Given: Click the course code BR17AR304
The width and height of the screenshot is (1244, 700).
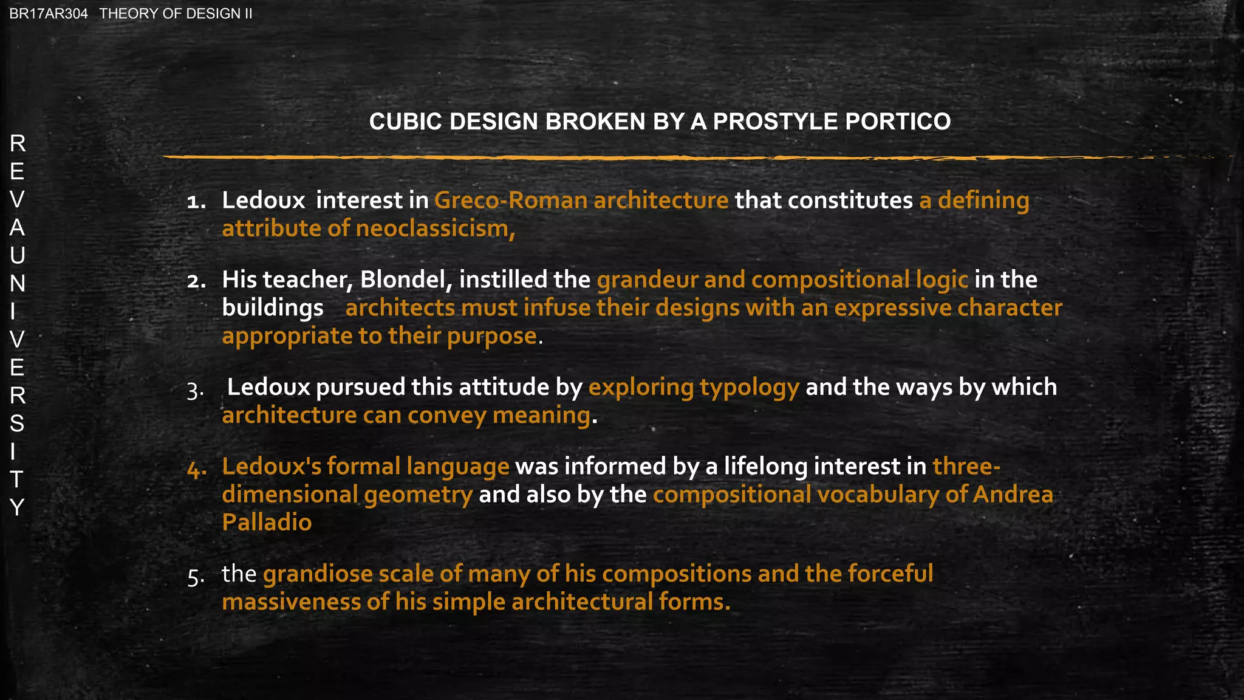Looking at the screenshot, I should click(49, 14).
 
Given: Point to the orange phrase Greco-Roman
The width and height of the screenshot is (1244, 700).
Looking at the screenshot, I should click(511, 201).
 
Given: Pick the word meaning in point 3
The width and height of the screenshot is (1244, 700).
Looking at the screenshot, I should click(541, 416).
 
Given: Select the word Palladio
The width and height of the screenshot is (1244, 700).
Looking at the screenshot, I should click(267, 523).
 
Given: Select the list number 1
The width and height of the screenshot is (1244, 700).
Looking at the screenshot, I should click(196, 202).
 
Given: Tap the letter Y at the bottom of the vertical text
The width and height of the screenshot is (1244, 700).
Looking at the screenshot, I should click(17, 507).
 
